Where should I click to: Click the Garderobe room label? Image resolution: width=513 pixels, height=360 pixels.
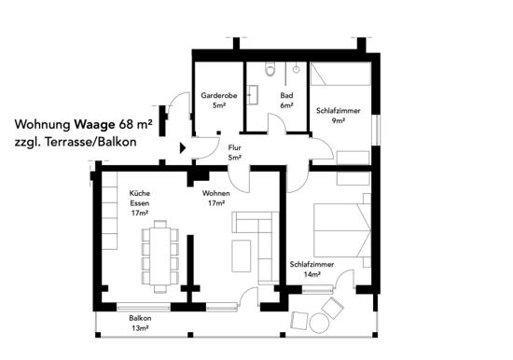[219, 95]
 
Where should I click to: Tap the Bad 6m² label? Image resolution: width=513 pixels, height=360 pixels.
[286, 100]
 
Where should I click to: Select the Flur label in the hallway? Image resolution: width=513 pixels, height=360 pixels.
[234, 147]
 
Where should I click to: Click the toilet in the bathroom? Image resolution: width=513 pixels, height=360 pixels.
[270, 69]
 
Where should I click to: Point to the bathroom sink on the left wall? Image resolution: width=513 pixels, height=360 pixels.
[252, 95]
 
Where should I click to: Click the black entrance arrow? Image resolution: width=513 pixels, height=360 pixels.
[183, 148]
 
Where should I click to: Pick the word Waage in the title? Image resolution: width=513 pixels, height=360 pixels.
[94, 124]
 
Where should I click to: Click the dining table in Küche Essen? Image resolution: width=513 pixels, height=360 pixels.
[160, 256]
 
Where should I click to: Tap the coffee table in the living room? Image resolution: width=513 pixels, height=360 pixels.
[242, 256]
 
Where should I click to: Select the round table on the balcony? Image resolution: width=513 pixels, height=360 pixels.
[319, 323]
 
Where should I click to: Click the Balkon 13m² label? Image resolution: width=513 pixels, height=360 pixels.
[140, 323]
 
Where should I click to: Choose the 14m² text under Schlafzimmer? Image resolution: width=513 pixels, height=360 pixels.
[312, 274]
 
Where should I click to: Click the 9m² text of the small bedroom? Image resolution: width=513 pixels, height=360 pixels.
[339, 120]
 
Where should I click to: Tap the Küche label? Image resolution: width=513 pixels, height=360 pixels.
[140, 193]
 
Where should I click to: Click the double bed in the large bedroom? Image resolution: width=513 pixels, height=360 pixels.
[342, 230]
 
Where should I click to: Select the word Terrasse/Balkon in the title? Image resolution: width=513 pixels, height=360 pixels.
[91, 142]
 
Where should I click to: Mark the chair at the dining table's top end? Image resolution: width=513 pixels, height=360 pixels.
[160, 224]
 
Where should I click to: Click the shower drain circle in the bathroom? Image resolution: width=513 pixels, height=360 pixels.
[296, 69]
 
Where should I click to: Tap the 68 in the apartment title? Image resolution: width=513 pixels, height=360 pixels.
[126, 124]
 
